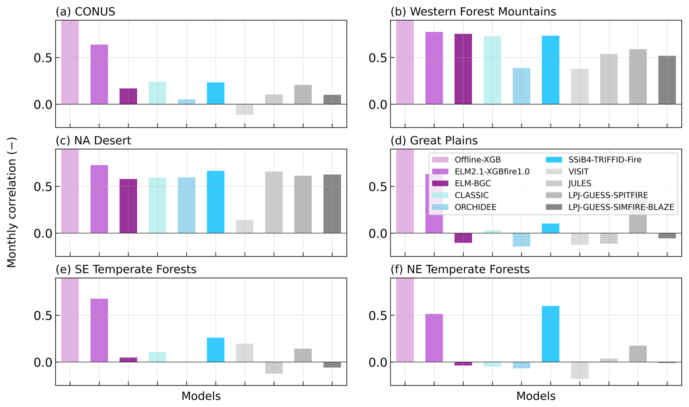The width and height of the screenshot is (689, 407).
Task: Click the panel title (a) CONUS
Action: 85,12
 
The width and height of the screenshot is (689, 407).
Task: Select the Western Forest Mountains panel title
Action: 473,12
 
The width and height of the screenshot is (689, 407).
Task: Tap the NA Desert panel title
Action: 93,141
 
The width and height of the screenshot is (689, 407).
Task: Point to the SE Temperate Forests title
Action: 126,269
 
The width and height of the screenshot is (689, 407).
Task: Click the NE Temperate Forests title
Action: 460,269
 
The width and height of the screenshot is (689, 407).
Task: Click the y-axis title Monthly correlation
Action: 12,202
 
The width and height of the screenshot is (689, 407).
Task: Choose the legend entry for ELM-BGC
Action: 473,183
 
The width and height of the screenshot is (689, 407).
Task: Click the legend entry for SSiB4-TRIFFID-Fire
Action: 605,160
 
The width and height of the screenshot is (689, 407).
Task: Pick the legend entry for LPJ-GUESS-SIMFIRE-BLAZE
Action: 621,207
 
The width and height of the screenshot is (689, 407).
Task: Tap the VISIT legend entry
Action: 578,171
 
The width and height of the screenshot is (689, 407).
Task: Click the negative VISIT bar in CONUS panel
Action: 245,110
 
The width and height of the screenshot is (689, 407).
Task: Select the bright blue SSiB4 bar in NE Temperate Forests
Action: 550,334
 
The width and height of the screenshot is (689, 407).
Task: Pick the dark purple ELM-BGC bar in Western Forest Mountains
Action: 463,69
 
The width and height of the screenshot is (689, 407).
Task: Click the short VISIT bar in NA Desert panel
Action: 245,226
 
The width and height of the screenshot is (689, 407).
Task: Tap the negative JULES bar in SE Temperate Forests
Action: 274,368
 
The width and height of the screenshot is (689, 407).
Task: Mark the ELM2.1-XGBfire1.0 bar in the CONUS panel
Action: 99,74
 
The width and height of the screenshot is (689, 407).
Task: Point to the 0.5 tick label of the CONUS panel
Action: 43,58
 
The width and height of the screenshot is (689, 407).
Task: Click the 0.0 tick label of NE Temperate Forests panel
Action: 378,362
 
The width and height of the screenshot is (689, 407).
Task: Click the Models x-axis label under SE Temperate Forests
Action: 201,396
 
